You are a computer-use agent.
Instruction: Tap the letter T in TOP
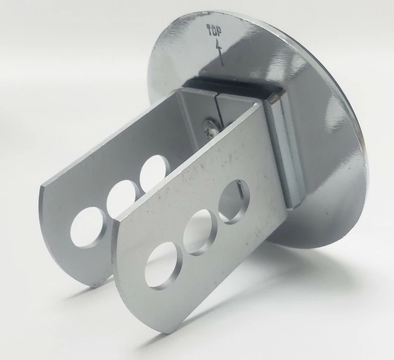[208, 28]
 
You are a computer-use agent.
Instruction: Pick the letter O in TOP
[214, 30]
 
